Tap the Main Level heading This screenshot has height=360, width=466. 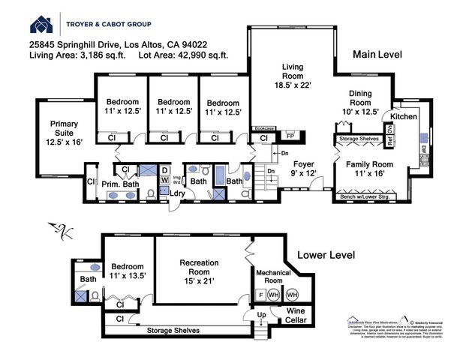coord(380,55)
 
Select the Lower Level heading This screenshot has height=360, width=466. coord(327,255)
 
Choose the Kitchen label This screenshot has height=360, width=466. coord(404,116)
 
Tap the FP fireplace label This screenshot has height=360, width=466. coord(290,136)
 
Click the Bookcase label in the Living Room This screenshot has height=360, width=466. coord(263,128)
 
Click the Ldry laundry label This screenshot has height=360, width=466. coord(178,193)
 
